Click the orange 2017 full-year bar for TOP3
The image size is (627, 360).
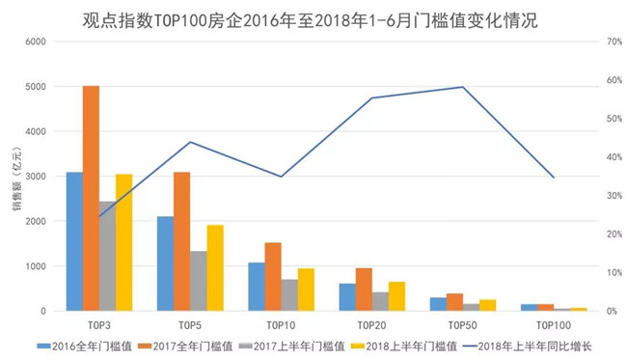92,198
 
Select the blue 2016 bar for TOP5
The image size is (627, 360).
165,263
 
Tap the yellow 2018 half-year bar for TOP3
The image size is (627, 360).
124,242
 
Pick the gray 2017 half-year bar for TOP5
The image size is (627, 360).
199,281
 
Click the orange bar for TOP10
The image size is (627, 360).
273,276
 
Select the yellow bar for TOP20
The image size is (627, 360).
397,296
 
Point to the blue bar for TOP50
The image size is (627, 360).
438,304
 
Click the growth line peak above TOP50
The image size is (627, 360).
463,87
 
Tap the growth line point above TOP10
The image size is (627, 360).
281,177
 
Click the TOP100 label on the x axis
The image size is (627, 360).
554,325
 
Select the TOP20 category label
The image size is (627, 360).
372,325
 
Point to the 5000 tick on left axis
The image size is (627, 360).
36,87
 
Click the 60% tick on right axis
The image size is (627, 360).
614,80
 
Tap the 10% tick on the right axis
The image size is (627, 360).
614,273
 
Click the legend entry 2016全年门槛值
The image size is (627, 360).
85,346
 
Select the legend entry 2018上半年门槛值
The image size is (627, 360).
404,346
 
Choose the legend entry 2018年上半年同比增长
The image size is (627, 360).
527,346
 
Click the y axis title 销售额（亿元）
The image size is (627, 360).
16,179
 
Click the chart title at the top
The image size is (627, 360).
311,20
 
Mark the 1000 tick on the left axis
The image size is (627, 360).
36,266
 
